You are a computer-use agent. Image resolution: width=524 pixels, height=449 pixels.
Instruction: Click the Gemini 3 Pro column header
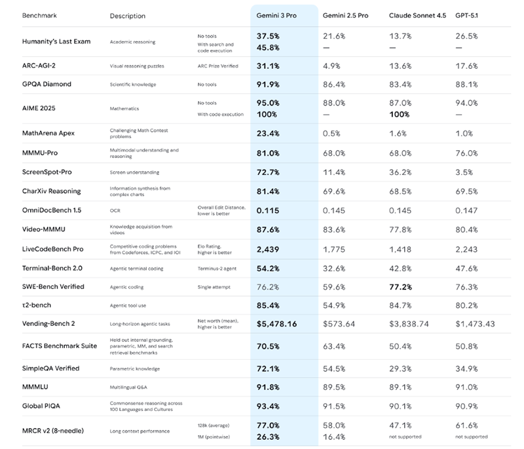point(278,16)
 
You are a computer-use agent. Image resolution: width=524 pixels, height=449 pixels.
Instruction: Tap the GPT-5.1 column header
point(468,16)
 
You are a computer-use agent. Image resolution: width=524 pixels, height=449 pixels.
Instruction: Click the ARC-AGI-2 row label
point(43,66)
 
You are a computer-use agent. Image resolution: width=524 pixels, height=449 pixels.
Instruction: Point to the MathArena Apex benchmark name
point(48,133)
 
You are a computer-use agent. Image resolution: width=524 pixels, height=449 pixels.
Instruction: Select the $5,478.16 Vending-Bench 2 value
point(277,324)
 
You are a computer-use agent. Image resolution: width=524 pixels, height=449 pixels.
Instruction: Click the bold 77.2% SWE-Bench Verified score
point(401,286)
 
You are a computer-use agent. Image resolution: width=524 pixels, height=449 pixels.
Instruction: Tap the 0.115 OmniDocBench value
point(268,210)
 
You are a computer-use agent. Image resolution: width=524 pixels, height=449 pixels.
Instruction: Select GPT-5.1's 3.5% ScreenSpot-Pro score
point(464,172)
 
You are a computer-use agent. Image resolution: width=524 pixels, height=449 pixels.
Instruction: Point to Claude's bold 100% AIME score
point(400,115)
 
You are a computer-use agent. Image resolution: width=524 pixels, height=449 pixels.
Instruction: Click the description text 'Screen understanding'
point(134,172)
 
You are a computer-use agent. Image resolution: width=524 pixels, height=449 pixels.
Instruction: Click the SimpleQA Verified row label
point(50,368)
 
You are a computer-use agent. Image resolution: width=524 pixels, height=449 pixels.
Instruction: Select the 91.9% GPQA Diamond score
point(269,84)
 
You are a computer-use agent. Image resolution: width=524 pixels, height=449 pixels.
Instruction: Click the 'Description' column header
point(128,16)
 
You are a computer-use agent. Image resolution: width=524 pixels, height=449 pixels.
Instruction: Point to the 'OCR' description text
point(115,210)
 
